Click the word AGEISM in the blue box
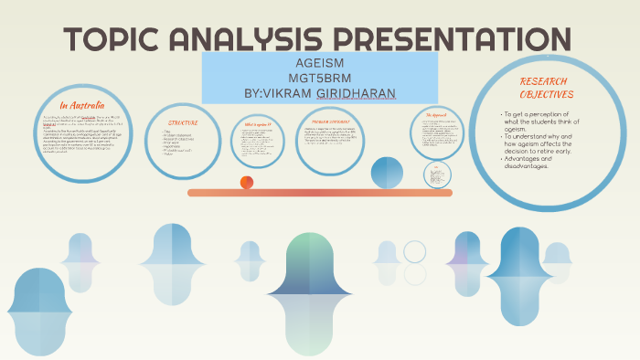coord(318,64)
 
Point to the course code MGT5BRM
coord(318,78)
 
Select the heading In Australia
coord(84,105)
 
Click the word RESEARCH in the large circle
coord(545,81)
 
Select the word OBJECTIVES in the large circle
coord(546,94)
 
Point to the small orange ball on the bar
coord(247,183)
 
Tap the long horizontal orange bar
coord(320,193)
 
